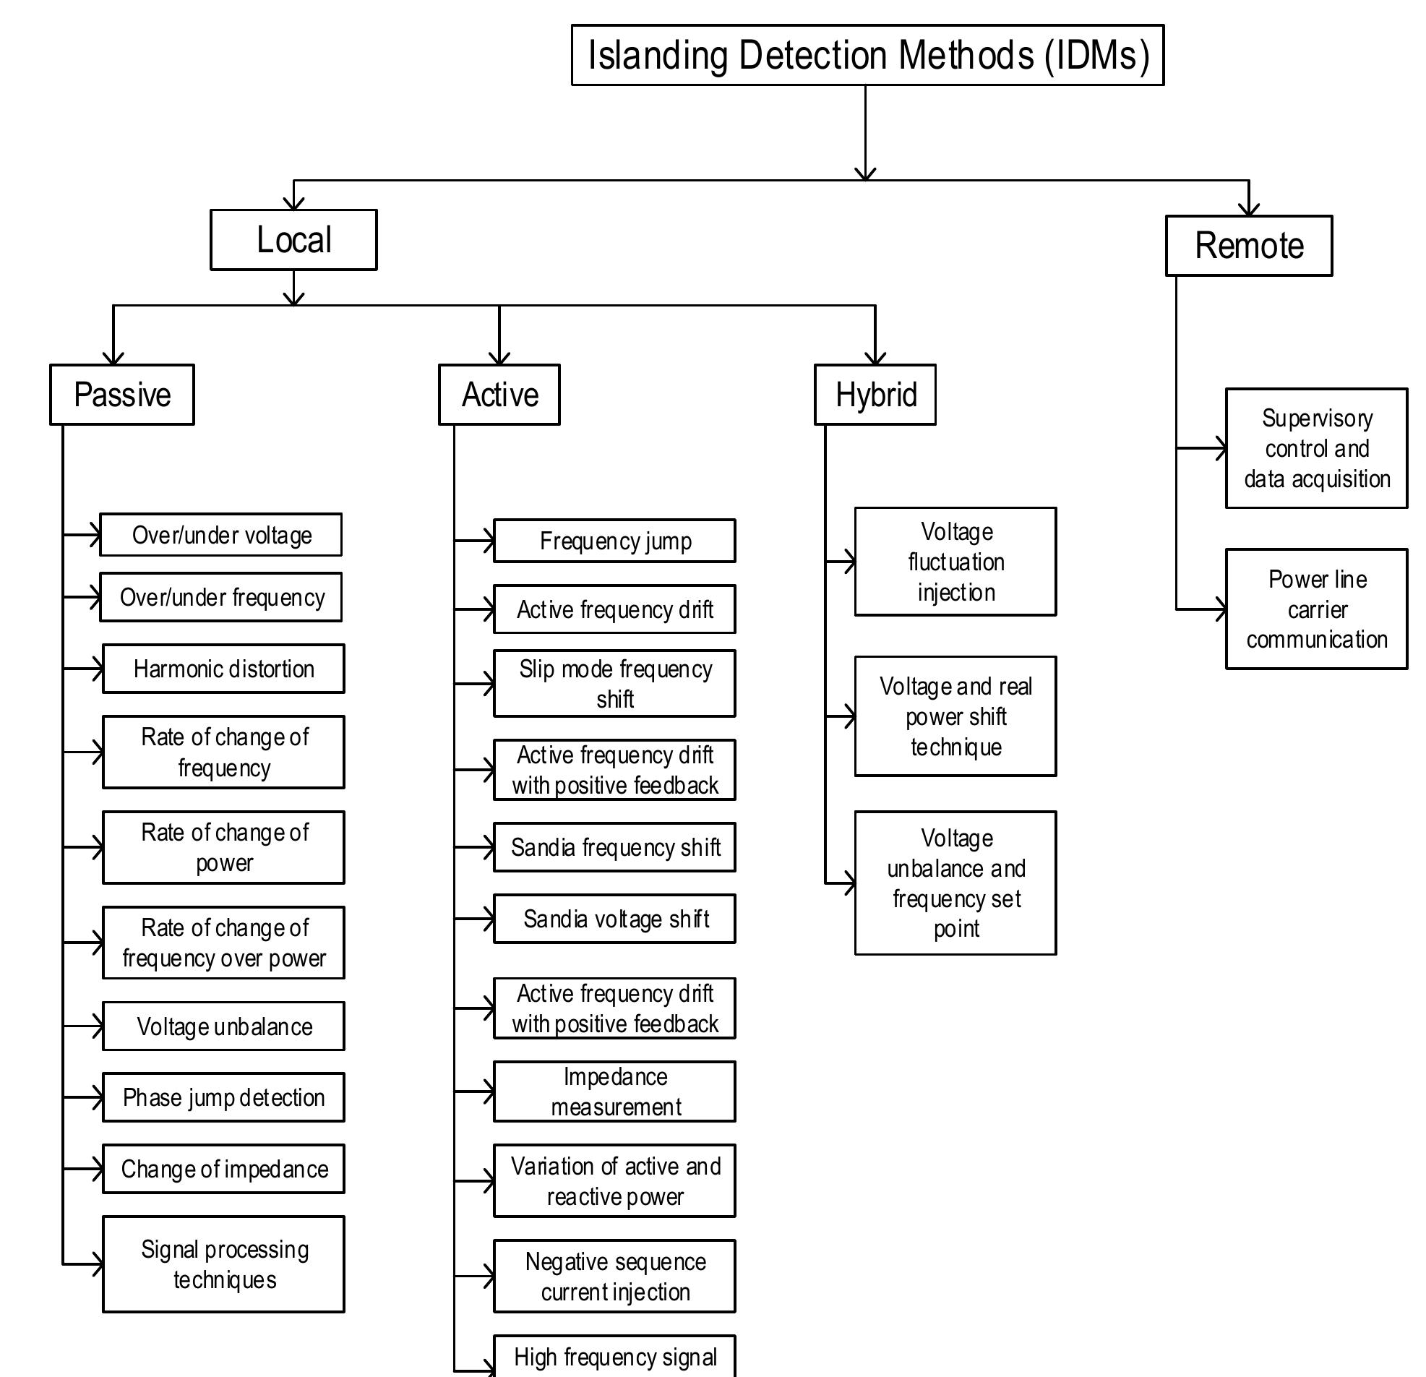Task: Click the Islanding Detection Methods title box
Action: click(867, 56)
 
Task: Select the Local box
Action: click(293, 240)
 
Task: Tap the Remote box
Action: click(1248, 246)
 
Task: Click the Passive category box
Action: click(121, 395)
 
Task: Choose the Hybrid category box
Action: click(875, 395)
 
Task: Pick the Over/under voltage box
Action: click(220, 535)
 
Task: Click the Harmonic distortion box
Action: click(223, 669)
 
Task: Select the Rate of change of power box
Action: click(223, 848)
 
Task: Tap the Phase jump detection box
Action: click(223, 1097)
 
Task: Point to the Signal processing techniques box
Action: click(223, 1265)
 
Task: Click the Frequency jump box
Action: click(614, 541)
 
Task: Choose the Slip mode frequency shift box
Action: click(614, 684)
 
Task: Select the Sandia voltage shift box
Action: click(614, 919)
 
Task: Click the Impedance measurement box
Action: click(614, 1091)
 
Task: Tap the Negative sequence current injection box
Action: click(614, 1277)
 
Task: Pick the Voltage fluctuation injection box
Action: click(955, 562)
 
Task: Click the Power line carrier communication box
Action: click(1316, 609)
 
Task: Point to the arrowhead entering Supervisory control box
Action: click(1221, 448)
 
